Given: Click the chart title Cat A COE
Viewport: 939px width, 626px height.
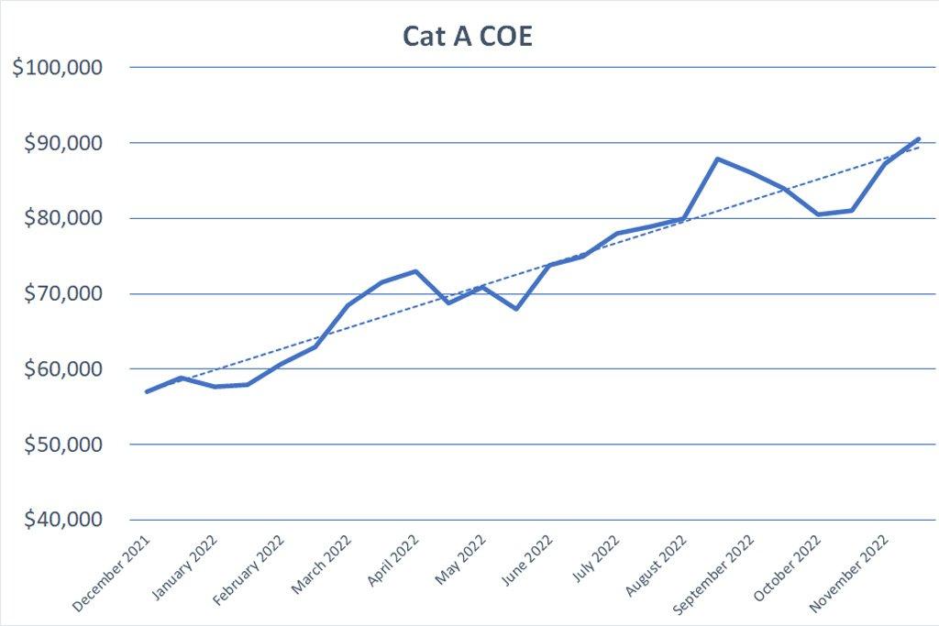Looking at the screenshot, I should (x=468, y=36).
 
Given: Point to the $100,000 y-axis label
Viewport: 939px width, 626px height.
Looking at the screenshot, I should (x=57, y=69).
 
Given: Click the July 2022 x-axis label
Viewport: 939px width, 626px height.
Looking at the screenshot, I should (x=596, y=561).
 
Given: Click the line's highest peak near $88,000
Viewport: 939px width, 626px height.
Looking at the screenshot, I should (x=718, y=159).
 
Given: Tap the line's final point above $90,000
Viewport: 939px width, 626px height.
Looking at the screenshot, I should (x=918, y=139).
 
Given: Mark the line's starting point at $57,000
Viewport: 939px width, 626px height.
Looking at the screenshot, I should (x=148, y=391).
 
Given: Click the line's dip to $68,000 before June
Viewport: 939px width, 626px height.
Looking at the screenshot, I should (x=516, y=309).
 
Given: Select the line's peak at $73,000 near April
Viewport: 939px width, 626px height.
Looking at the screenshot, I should (x=415, y=271).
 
